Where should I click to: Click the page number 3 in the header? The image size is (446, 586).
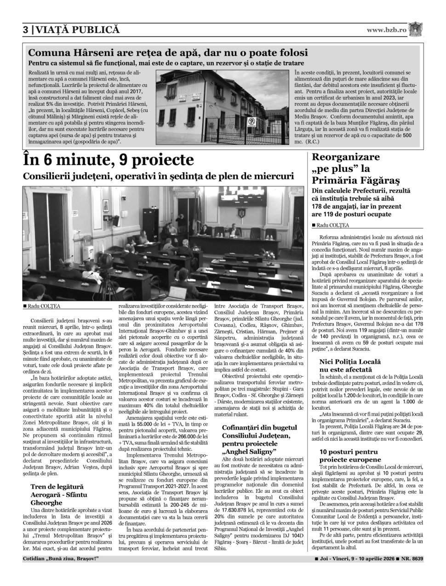point(26,30)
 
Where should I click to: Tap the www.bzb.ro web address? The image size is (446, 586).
point(387,30)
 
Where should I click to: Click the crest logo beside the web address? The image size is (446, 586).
point(416,29)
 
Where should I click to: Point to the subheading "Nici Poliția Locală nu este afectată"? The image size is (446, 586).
point(352,365)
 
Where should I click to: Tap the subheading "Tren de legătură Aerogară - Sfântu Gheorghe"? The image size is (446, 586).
point(58,494)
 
